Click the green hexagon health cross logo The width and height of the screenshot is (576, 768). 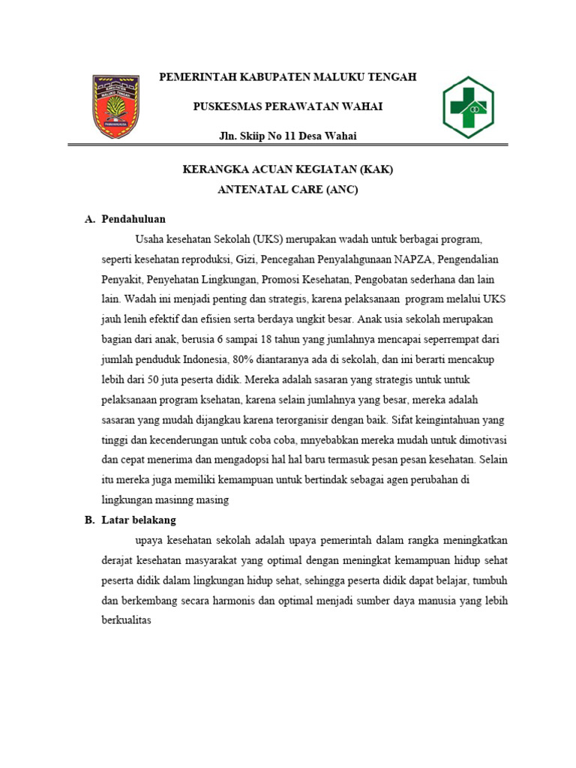(467, 107)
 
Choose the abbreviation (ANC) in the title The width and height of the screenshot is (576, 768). (341, 190)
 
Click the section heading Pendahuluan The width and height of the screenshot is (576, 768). (133, 219)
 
